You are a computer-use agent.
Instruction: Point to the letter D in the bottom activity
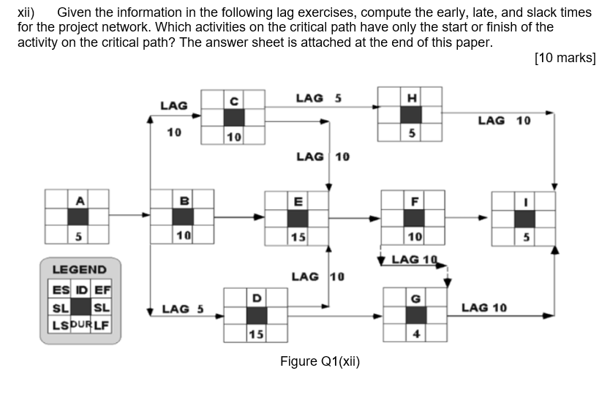click(256, 298)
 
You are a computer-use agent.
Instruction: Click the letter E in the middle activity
click(297, 200)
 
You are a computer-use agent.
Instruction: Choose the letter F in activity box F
click(415, 200)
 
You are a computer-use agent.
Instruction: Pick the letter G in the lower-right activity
click(415, 298)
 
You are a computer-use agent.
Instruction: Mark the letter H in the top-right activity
click(411, 98)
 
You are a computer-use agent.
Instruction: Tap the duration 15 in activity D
click(256, 334)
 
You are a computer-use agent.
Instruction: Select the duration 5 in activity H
click(411, 133)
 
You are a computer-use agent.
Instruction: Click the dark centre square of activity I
click(524, 218)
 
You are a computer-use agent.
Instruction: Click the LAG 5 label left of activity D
click(182, 309)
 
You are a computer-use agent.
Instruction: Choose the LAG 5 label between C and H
click(318, 97)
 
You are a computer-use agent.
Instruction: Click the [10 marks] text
click(565, 58)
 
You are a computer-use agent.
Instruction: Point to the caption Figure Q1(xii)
click(320, 361)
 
